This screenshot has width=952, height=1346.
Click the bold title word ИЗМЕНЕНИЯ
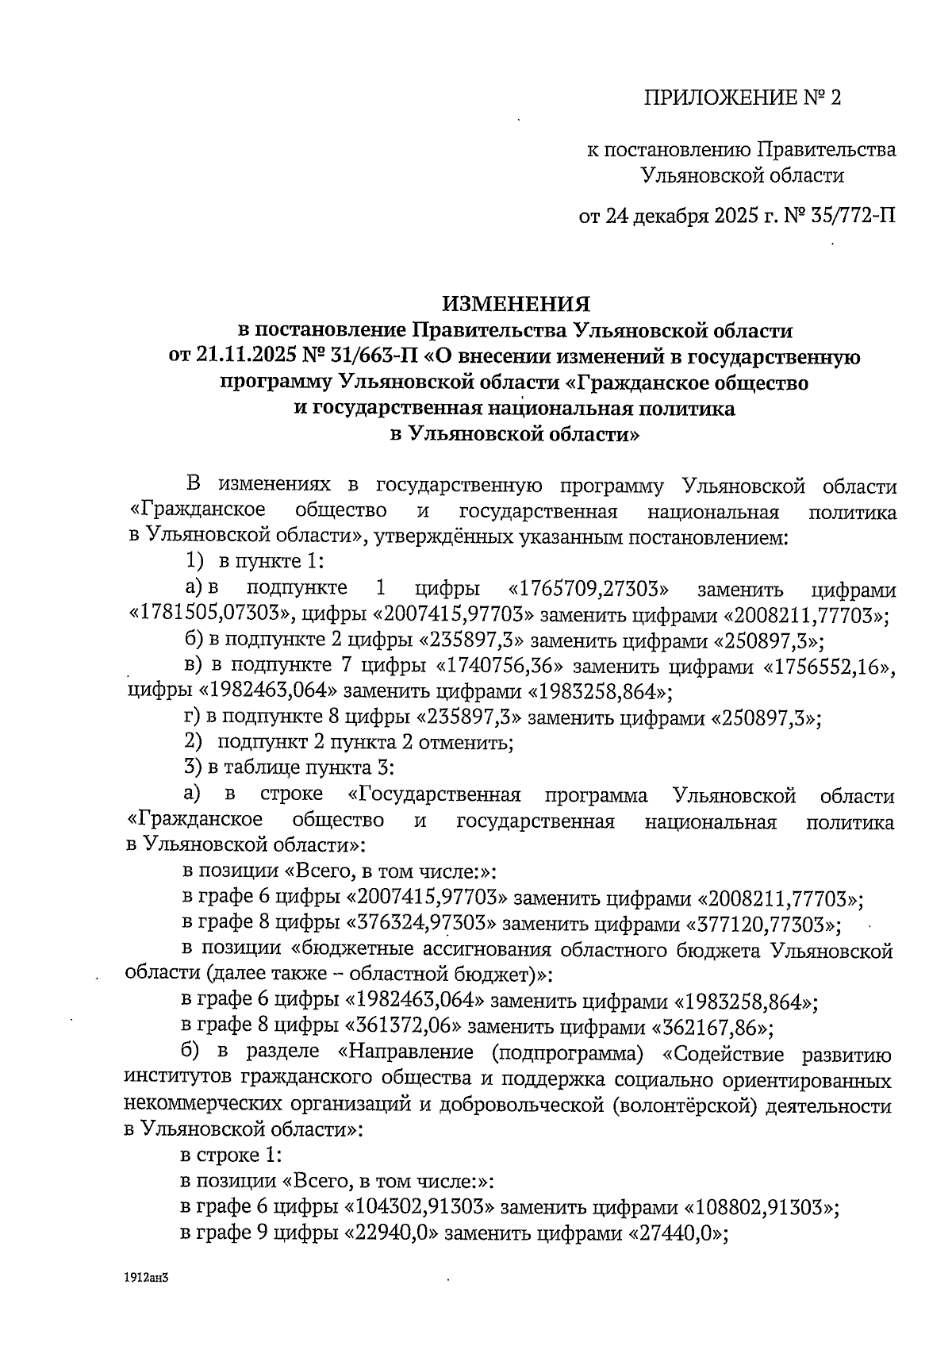(516, 304)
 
